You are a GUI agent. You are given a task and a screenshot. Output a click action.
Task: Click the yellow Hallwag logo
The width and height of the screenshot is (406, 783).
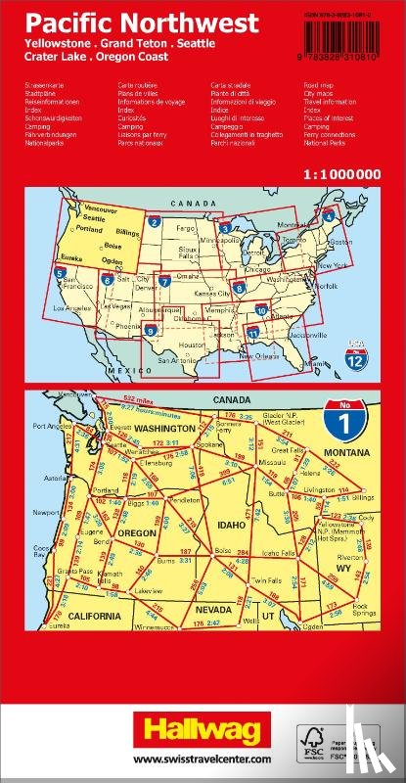tap(203, 726)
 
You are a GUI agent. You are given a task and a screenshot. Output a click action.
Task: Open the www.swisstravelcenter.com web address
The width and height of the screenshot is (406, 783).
tap(203, 760)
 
